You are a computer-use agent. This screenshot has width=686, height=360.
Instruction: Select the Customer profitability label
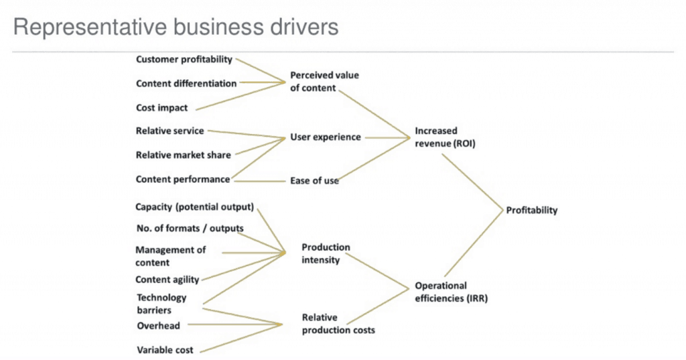pyautogui.click(x=184, y=59)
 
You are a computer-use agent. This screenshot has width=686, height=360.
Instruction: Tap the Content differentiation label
pyautogui.click(x=186, y=84)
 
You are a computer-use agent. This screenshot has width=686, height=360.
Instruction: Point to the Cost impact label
pyautogui.click(x=161, y=108)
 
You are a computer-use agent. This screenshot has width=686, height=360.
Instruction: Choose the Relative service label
pyautogui.click(x=169, y=131)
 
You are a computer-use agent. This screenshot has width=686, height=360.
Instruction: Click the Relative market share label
pyautogui.click(x=183, y=155)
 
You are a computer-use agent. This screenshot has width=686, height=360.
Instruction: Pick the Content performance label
pyautogui.click(x=183, y=179)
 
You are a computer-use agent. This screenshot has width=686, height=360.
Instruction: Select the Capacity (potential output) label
pyautogui.click(x=194, y=206)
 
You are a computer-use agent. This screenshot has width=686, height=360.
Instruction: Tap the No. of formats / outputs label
pyautogui.click(x=190, y=228)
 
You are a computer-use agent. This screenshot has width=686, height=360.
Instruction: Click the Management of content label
pyautogui.click(x=170, y=255)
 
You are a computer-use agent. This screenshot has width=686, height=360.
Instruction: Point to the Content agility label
pyautogui.click(x=167, y=280)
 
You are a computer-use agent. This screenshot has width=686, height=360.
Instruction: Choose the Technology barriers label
pyautogui.click(x=161, y=304)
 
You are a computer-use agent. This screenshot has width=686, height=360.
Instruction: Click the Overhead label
pyautogui.click(x=158, y=326)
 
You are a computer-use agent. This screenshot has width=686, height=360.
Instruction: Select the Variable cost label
pyautogui.click(x=165, y=350)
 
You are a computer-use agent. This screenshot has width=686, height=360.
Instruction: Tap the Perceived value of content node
pyautogui.click(x=324, y=82)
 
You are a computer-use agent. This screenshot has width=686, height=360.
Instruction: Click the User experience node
pyautogui.click(x=325, y=137)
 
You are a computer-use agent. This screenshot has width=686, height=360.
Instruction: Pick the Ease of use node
pyautogui.click(x=314, y=180)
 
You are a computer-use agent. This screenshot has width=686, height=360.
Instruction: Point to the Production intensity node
pyautogui.click(x=326, y=253)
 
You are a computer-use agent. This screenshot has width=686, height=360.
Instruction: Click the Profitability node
pyautogui.click(x=531, y=211)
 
